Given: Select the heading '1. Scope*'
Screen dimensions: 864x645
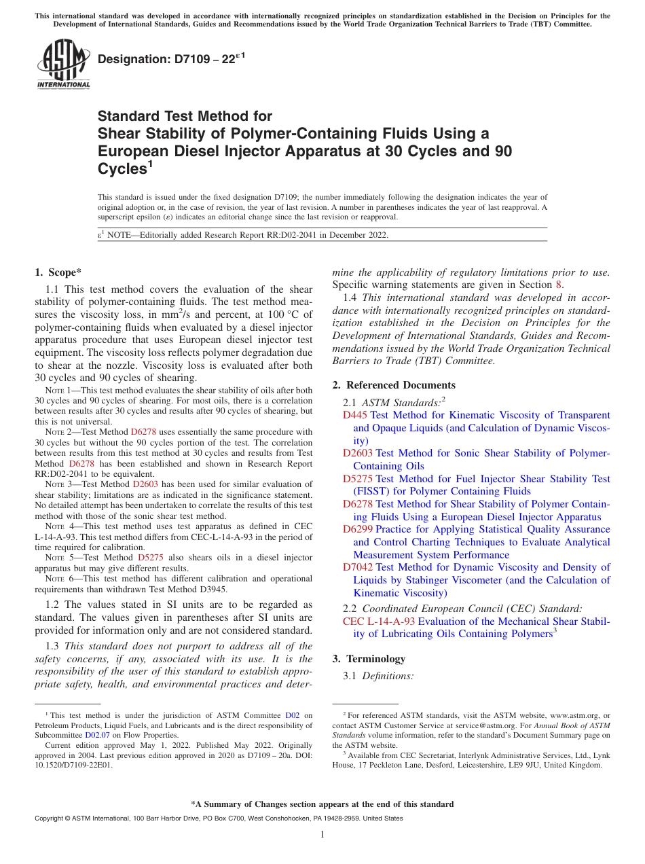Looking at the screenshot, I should [58, 272].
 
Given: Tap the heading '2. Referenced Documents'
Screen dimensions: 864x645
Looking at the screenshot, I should [394, 385].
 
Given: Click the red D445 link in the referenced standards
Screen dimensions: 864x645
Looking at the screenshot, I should [355, 415].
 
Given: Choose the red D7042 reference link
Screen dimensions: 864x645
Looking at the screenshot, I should [358, 567].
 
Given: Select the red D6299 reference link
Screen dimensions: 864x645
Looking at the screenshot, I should [358, 529].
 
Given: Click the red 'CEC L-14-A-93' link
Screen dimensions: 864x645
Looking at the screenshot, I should [379, 621].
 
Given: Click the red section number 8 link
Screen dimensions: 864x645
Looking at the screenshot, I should [559, 285].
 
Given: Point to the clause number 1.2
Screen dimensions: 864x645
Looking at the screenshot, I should [53, 605].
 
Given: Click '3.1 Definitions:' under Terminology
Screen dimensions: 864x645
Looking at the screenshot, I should [378, 677].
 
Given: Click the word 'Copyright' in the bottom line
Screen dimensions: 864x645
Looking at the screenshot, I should [50, 818].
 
